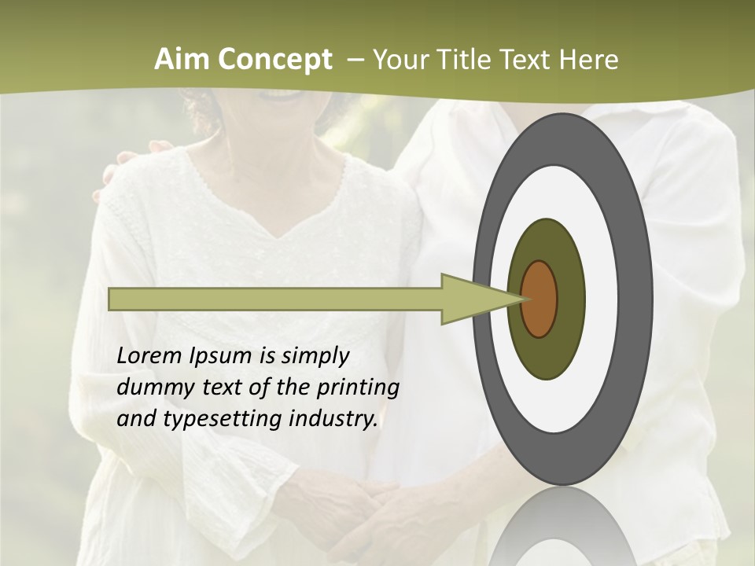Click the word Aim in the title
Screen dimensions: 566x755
coord(181,60)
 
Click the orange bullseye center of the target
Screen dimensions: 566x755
coord(539,299)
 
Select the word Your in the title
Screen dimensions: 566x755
coord(396,60)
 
